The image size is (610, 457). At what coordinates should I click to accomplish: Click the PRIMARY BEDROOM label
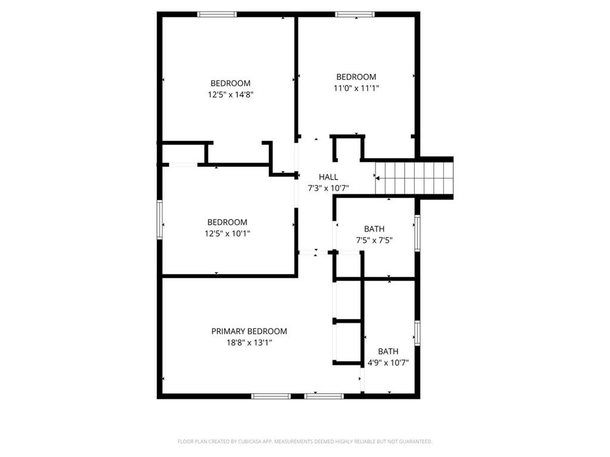[249, 331]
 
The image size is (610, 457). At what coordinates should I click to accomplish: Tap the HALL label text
[328, 177]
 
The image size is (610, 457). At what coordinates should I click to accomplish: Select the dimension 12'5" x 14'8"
[231, 95]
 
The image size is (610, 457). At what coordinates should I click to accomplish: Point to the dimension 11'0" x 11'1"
[356, 88]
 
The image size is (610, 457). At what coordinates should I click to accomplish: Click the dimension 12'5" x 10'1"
[227, 233]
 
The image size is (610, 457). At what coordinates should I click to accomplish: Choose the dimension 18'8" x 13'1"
[249, 343]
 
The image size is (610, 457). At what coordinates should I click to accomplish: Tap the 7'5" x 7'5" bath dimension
[374, 240]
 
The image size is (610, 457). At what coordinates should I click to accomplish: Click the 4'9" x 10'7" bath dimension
[388, 363]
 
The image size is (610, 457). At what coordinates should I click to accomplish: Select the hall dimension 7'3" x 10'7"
[328, 189]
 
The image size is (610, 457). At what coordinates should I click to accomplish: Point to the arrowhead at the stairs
[377, 179]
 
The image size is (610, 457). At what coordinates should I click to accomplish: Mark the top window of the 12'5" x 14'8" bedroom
[217, 14]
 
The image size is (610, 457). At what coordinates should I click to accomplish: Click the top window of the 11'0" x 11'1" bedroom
[355, 14]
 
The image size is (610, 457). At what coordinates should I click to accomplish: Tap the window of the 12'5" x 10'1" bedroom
[160, 219]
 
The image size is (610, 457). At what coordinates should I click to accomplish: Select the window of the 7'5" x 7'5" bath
[418, 233]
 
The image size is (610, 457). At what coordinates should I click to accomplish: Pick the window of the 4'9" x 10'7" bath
[418, 333]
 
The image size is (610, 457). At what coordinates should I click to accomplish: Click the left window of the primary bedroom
[271, 396]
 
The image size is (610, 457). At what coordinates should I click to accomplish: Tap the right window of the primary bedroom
[324, 396]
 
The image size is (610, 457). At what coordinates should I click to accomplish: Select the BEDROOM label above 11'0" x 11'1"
[356, 77]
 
